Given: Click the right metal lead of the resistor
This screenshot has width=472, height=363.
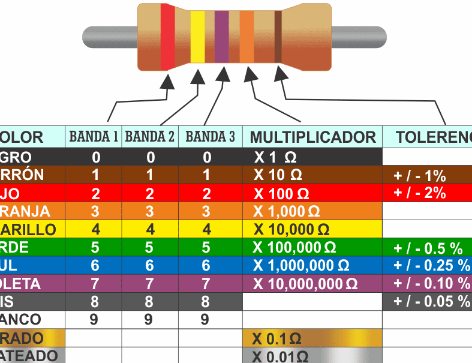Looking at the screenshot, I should point(359,37).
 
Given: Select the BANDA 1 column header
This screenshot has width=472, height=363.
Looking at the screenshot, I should point(94,137).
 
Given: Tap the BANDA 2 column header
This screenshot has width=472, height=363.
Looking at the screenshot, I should point(150,137).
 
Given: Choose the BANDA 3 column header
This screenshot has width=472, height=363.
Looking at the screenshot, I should point(210,137).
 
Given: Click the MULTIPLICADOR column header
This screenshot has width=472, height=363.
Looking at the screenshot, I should point(312,137).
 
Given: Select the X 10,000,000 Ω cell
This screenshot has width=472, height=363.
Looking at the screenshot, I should point(305,283).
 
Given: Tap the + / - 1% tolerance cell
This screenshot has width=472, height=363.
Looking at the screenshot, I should point(419,176).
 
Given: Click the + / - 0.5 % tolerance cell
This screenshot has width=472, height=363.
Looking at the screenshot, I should point(428,248).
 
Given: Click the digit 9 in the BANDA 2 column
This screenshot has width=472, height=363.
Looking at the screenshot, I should point(149,319).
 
